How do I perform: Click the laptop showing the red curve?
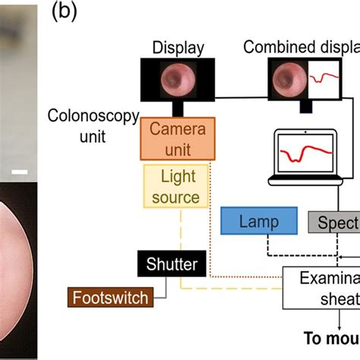point(308,160)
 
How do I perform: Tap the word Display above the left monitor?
point(178,48)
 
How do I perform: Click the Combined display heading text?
point(301,48)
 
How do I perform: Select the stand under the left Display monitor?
point(178,109)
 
